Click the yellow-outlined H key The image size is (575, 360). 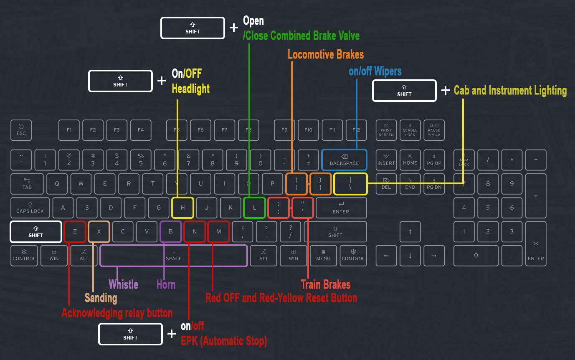pyautogui.click(x=182, y=208)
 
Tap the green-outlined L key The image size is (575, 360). pyautogui.click(x=254, y=208)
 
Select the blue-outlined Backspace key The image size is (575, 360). pyautogui.click(x=344, y=160)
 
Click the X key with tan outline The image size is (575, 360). pyautogui.click(x=99, y=232)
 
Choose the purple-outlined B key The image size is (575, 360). pyautogui.click(x=171, y=232)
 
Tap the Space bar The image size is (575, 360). pyautogui.click(x=174, y=256)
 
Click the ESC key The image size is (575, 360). pyautogui.click(x=21, y=130)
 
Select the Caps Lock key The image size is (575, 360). pyautogui.click(x=30, y=208)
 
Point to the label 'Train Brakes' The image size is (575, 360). pyautogui.click(x=325, y=285)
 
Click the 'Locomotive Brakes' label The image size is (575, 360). pyautogui.click(x=325, y=54)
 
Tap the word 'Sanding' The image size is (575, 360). pyautogui.click(x=101, y=298)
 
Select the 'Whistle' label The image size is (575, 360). pyautogui.click(x=123, y=285)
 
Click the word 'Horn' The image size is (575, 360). pyautogui.click(x=166, y=285)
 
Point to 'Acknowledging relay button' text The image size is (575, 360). pyautogui.click(x=117, y=313)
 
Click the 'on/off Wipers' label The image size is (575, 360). pyautogui.click(x=375, y=71)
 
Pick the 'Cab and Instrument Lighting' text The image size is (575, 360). pyautogui.click(x=510, y=91)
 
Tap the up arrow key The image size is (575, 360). pyautogui.click(x=410, y=232)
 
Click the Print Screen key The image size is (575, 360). pyautogui.click(x=386, y=130)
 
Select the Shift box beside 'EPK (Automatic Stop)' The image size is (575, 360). pyautogui.click(x=130, y=334)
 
